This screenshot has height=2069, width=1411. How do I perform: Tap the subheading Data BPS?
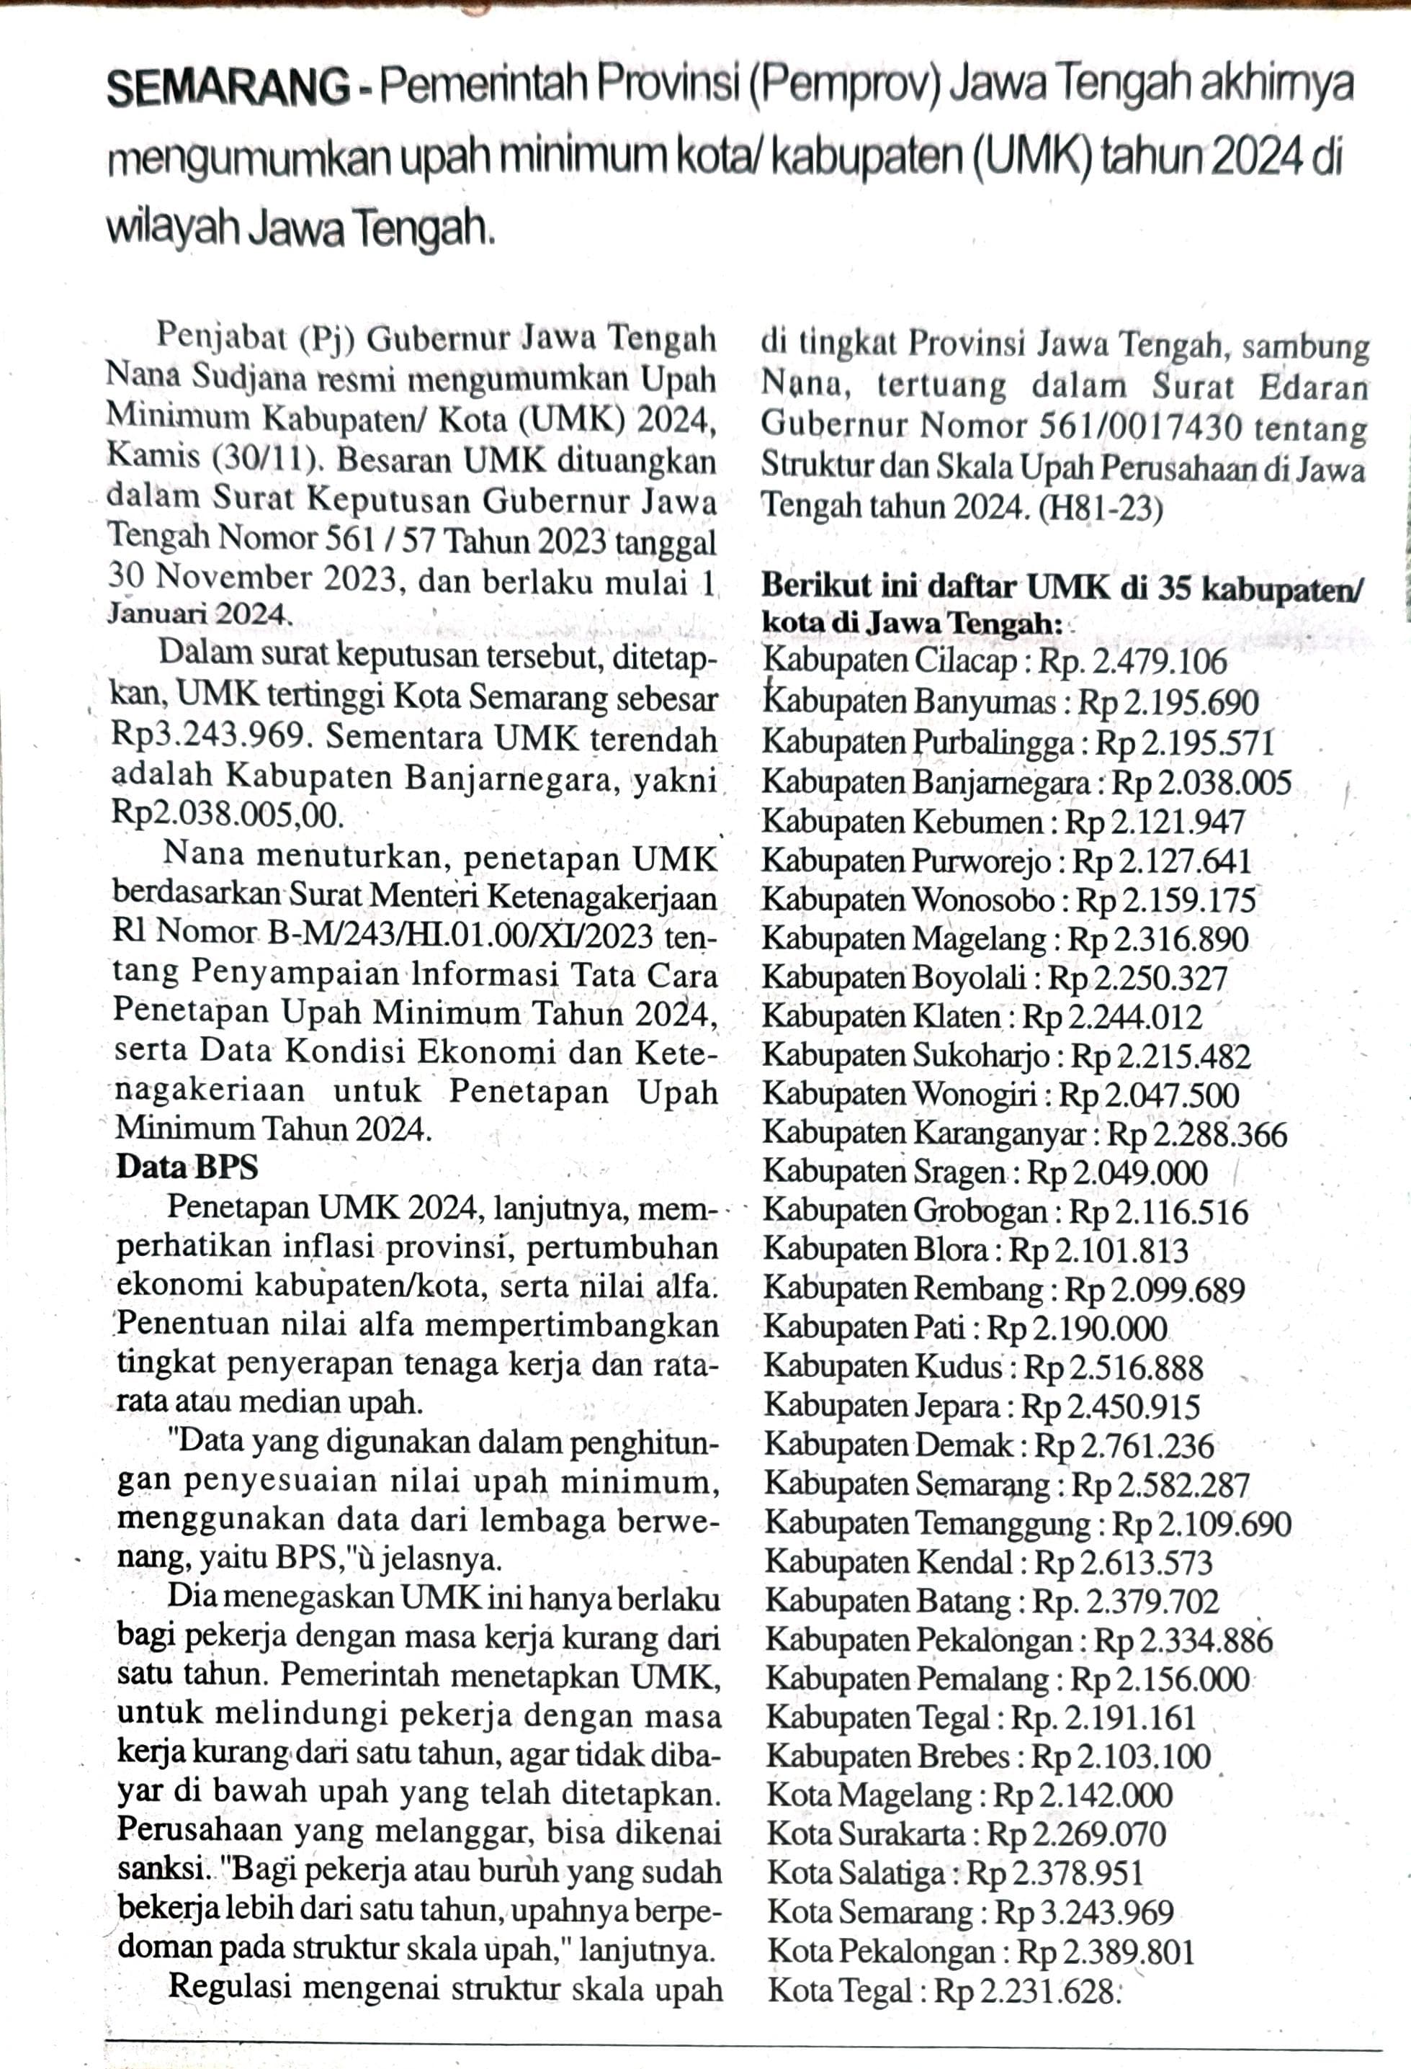[187, 1166]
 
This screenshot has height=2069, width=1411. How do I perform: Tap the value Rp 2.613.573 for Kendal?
[1124, 1563]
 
